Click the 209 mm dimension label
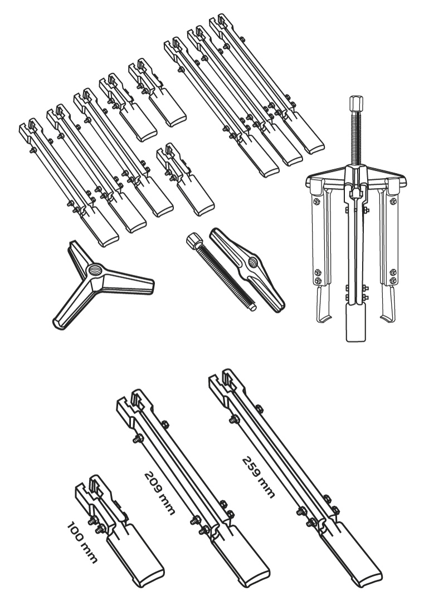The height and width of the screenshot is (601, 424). pos(159,493)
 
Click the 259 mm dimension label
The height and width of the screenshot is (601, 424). pos(259,477)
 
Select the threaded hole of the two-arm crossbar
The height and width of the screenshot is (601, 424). pos(252,262)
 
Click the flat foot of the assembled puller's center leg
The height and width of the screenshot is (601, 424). pos(355,323)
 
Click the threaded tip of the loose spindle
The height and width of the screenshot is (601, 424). pos(252,306)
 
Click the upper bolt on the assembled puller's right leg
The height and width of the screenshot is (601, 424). pos(393,201)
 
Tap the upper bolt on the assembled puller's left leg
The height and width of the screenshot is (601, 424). pos(316,202)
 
